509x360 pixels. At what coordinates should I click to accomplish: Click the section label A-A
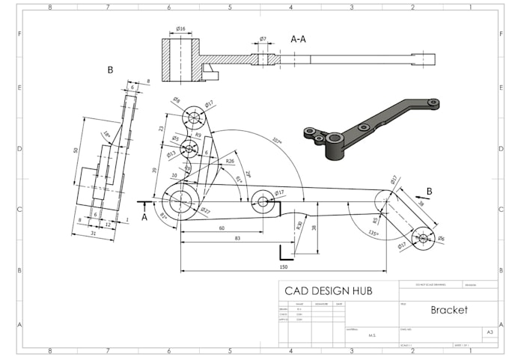coord(298,39)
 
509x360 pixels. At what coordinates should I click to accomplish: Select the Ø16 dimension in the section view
coord(180,28)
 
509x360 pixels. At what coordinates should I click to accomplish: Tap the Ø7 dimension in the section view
coord(263,38)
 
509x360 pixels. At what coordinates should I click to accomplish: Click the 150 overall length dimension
coord(284,266)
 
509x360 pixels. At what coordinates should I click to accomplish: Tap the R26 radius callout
coord(230,161)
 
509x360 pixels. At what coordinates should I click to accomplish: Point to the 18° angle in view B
coord(107,135)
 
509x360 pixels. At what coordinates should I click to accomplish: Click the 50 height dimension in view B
coord(76,151)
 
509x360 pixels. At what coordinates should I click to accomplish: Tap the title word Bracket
coord(448,310)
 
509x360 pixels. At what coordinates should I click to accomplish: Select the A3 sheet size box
coord(490,331)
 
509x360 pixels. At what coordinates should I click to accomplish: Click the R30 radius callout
coord(299,225)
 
